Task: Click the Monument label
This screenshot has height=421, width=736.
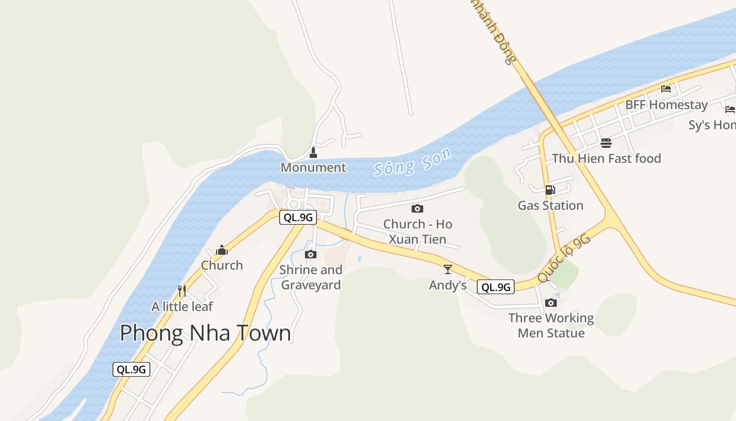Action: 313,167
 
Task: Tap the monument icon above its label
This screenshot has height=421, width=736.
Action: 313,153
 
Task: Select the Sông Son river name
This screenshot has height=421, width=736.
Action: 413,162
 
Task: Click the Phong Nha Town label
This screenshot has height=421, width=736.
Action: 205,333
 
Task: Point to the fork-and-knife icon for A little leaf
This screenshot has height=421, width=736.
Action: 182,290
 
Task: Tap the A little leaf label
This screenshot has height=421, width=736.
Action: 182,306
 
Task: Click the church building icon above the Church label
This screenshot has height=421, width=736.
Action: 222,249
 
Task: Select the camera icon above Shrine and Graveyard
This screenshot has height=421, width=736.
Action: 311,255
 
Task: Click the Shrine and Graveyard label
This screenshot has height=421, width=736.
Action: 311,277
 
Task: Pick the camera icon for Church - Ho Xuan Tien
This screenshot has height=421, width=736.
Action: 417,209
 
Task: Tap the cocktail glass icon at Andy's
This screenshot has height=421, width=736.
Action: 448,269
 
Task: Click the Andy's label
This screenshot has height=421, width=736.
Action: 448,285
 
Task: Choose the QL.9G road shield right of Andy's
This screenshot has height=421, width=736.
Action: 495,287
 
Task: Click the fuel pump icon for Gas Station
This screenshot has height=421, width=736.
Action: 550,190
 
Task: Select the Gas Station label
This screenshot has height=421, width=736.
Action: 550,205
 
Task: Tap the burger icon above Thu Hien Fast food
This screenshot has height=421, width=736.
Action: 606,143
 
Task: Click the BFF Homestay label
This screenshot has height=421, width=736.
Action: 666,105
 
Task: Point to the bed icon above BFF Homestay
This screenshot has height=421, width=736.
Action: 666,88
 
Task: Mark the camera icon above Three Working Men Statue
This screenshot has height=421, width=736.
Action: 551,303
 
